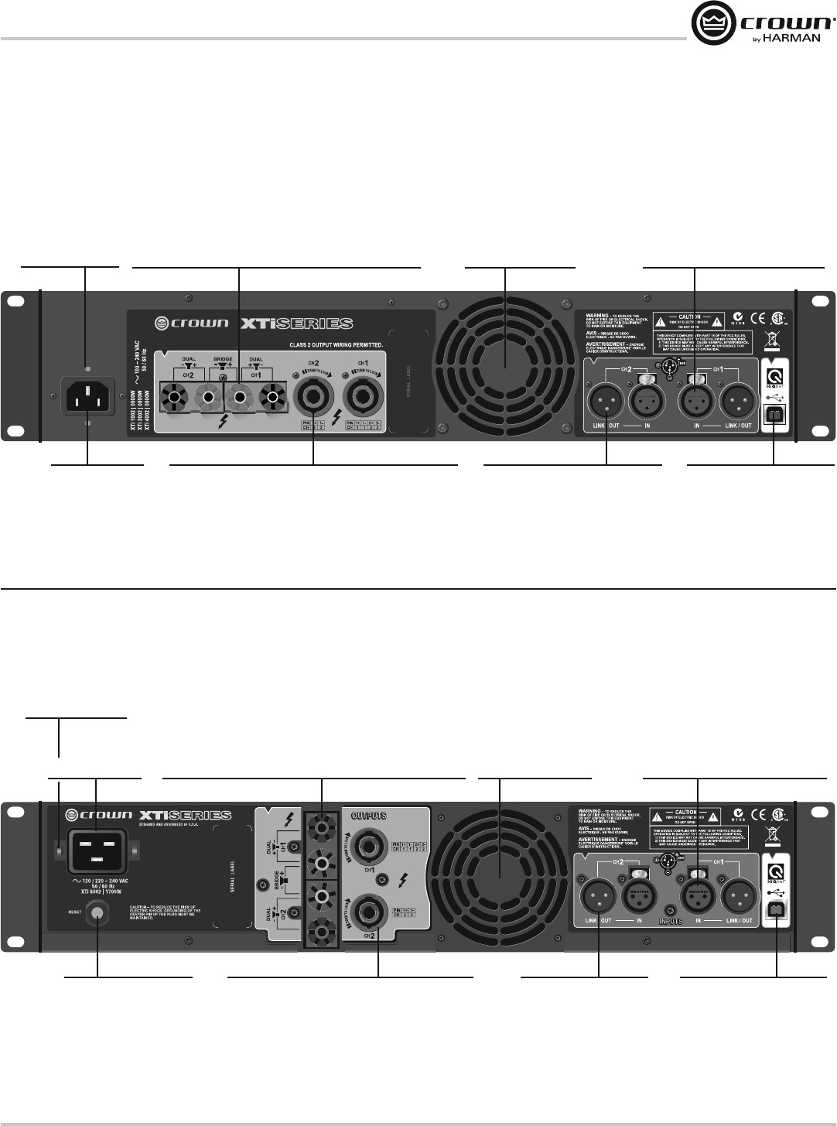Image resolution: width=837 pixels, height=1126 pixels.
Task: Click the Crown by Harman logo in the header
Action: point(763,24)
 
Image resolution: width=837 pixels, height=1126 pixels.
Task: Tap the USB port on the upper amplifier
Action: point(774,414)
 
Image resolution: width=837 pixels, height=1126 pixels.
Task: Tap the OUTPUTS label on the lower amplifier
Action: point(369,816)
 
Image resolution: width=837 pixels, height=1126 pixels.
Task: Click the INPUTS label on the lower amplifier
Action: point(670,922)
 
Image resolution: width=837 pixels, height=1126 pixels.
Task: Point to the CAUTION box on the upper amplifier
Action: point(689,320)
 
